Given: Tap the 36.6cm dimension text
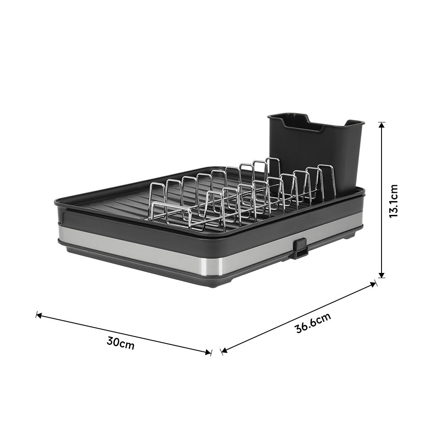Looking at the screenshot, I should pos(313,323).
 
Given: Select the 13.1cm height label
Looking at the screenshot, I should pos(393,201).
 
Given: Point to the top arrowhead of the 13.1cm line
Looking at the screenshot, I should pos(382,125).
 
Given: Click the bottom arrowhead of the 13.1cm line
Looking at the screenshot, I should pos(382,275).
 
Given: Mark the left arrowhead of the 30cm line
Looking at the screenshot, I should pos(39,315).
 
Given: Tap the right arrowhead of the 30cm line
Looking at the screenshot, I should pos(208,352).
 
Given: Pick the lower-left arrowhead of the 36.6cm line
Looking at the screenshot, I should pos(225,351).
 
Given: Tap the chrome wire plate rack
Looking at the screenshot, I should pos(242,195).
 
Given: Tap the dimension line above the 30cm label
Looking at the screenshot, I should pos(123,334).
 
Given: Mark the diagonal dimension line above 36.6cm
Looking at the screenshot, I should pos(298,318).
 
